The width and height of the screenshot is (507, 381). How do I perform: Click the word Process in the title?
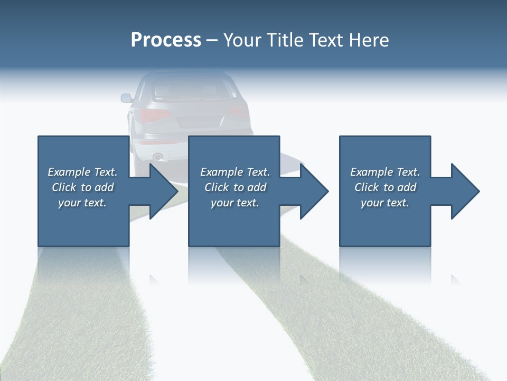pos(166,40)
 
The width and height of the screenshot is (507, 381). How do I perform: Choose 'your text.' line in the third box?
pos(384,203)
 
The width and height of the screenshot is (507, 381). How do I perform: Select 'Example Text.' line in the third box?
pos(384,172)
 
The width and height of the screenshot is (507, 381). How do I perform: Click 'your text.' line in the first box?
pos(82,203)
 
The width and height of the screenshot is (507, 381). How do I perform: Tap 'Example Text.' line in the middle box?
pos(234,172)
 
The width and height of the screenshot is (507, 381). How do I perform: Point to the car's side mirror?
pos(126,98)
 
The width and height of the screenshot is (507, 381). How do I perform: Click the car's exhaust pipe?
pos(157,157)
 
